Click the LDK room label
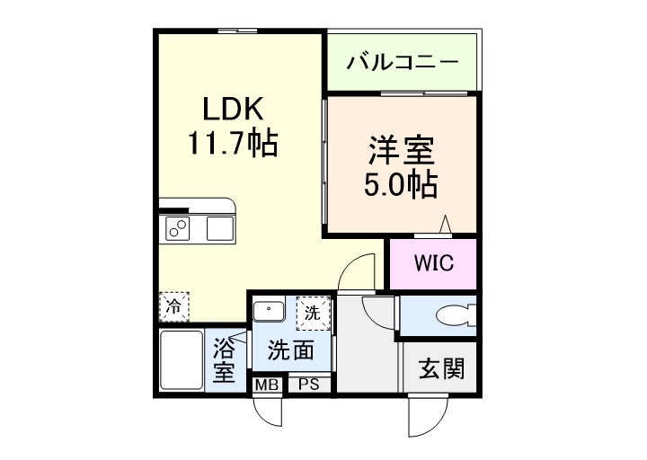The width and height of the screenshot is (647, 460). pos(231,110)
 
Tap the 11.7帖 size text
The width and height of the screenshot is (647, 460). pos(231,142)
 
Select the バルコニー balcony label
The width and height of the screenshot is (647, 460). pos(403,63)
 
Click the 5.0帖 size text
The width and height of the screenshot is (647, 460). pos(400,183)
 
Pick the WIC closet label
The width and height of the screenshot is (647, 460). pos(433,264)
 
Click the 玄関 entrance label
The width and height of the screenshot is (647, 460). pos(442,368)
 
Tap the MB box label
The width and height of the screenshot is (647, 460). pos(266,385)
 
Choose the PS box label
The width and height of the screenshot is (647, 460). pos(309,385)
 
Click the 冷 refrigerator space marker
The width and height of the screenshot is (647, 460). pos(173,306)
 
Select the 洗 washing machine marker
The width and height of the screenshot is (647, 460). pos(312,314)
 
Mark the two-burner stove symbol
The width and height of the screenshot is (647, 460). pos(177,229)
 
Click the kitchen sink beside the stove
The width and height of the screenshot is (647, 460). pos(220,229)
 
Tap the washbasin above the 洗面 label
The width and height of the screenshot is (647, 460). pos(269,312)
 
